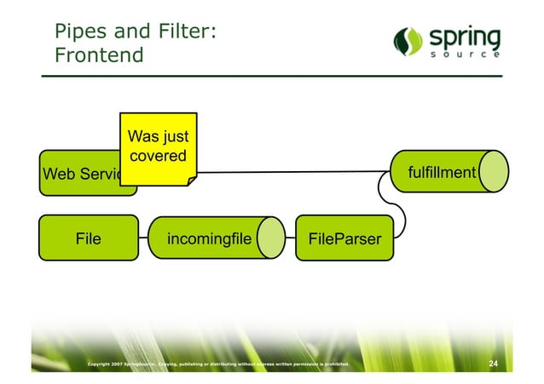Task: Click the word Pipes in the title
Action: (x=77, y=32)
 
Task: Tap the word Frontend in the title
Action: (x=99, y=56)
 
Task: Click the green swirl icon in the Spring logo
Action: (x=407, y=41)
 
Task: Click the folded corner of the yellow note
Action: (x=191, y=178)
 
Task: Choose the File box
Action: (x=88, y=238)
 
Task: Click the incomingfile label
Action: (x=209, y=238)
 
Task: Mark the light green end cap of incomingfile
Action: (x=273, y=238)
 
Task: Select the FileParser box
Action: (x=344, y=238)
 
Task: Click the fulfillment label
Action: (x=441, y=173)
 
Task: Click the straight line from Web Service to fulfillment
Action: (x=290, y=173)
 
